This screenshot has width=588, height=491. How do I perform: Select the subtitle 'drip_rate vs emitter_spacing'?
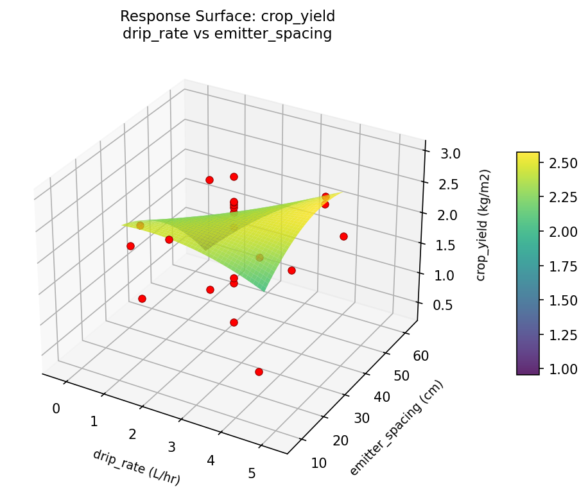pyautogui.click(x=227, y=34)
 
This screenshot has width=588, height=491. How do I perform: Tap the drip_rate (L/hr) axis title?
pyautogui.click(x=137, y=467)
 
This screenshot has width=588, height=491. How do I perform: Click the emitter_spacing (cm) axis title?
pyautogui.click(x=396, y=427)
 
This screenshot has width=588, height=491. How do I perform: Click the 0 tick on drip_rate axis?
pyautogui.click(x=56, y=408)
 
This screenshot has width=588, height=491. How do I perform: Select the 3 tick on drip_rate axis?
pyautogui.click(x=171, y=447)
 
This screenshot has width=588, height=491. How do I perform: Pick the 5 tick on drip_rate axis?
pyautogui.click(x=252, y=474)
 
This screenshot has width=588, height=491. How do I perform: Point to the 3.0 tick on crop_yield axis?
pyautogui.click(x=451, y=154)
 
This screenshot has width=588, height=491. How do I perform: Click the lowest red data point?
pyautogui.click(x=259, y=372)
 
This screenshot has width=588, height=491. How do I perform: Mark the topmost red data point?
pyautogui.click(x=234, y=177)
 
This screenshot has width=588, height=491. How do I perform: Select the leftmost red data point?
pyautogui.click(x=130, y=246)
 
